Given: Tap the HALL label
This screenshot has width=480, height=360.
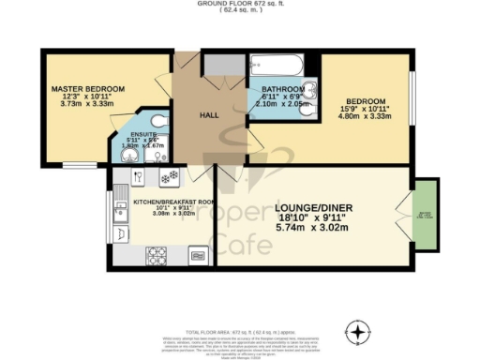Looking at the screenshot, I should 209,116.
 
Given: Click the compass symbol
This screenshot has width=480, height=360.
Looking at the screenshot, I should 357,332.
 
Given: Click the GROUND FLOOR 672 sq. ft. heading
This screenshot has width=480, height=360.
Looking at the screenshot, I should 239,4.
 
